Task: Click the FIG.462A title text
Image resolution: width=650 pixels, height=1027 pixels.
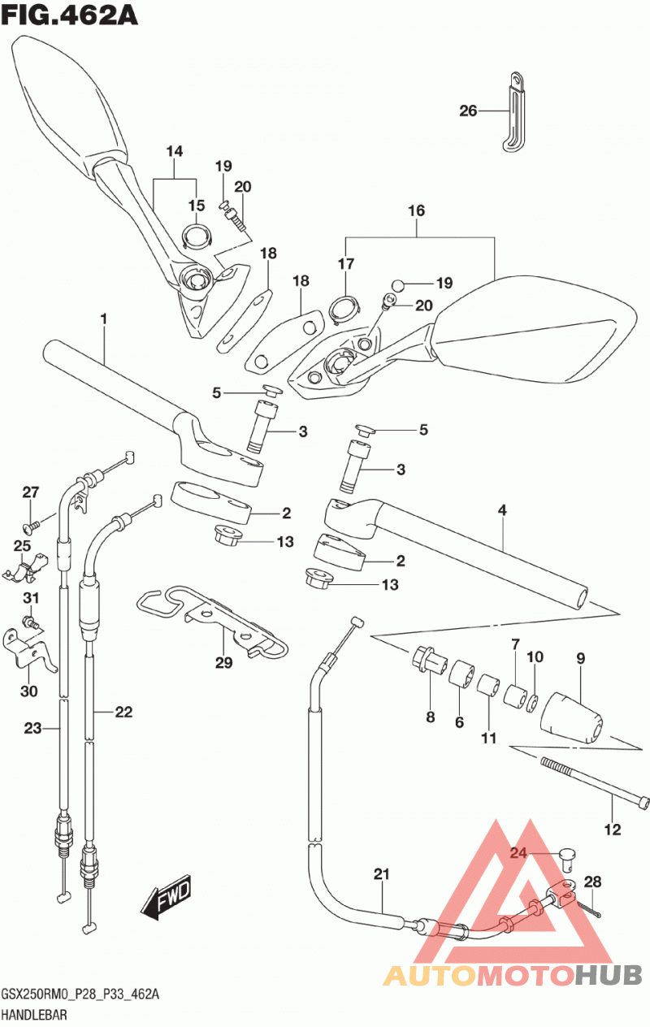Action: (69, 15)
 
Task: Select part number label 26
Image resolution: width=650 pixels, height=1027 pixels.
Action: (468, 111)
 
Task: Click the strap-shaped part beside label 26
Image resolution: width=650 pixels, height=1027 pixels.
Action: (514, 112)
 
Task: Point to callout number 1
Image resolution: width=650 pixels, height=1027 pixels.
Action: (104, 319)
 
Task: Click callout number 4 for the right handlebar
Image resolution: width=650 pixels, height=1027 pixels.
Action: (502, 509)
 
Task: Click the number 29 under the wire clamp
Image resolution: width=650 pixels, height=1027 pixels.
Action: (223, 662)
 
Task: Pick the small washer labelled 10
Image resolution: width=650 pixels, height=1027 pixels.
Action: (533, 703)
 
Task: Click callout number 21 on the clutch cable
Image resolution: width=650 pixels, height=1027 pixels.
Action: (381, 874)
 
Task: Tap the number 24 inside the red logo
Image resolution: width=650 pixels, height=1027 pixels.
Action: (519, 853)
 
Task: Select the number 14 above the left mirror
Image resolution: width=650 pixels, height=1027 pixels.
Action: (175, 151)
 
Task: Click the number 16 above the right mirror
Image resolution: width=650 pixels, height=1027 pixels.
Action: (416, 211)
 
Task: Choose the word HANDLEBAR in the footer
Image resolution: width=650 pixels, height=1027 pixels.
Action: (35, 1015)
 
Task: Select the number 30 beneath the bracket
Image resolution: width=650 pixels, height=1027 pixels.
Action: (29, 691)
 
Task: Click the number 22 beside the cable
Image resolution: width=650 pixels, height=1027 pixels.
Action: (123, 712)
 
